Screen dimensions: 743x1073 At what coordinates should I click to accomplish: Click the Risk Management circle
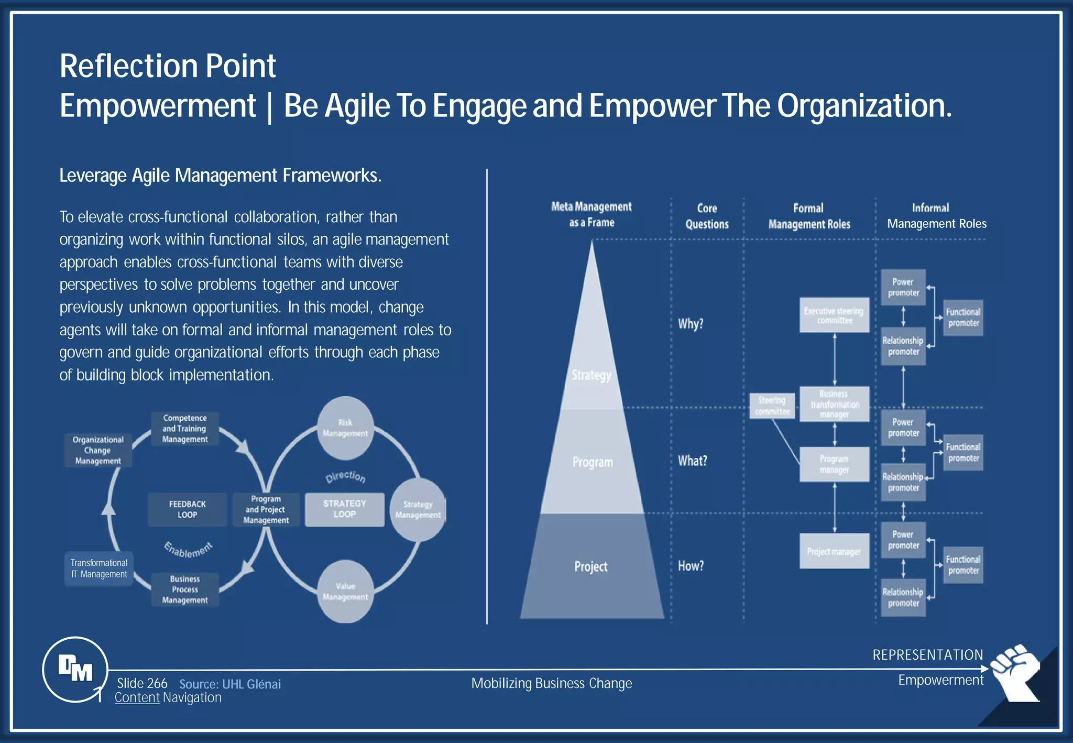point(345,428)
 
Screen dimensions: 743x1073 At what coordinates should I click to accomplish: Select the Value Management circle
point(345,592)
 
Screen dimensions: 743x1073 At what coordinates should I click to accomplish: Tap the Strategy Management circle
point(418,510)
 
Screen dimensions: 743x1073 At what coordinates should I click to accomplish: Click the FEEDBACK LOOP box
point(187,509)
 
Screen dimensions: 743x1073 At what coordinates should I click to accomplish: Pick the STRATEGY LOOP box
point(344,509)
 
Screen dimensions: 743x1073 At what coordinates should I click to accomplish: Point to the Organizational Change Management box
point(98,450)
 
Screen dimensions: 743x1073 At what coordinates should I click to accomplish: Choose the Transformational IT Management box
point(99,569)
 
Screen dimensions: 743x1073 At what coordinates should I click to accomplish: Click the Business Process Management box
point(185,589)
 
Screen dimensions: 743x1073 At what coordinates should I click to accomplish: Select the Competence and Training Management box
point(185,429)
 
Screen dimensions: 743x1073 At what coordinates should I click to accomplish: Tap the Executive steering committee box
point(834,315)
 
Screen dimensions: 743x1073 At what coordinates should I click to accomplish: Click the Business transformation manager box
point(834,404)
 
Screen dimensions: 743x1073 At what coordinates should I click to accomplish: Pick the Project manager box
point(834,551)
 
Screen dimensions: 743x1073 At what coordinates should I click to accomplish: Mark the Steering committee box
point(772,406)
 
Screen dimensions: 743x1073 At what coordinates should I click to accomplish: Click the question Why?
point(691,324)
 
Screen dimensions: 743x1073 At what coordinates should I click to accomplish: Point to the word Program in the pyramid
point(593,462)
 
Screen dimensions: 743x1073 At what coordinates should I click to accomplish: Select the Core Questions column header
point(707,216)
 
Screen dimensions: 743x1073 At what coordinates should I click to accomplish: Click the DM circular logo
point(75,669)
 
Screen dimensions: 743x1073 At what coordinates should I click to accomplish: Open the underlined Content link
point(137,697)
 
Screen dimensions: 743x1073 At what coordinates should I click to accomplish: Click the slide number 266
point(142,683)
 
